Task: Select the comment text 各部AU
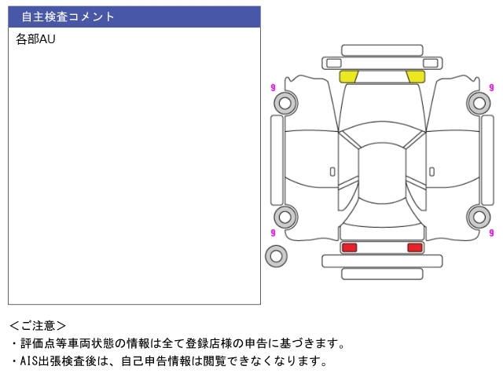(x=35, y=39)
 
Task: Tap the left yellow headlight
(x=348, y=76)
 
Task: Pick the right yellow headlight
(x=416, y=76)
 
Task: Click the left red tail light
(x=349, y=247)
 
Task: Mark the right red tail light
(x=414, y=247)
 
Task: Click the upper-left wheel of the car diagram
(x=285, y=103)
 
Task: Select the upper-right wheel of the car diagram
(x=478, y=102)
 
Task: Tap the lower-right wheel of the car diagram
(x=478, y=217)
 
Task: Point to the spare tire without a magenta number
(x=276, y=255)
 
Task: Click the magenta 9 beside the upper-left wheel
(x=272, y=87)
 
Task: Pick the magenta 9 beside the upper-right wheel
(x=492, y=86)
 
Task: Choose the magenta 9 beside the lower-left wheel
(x=272, y=232)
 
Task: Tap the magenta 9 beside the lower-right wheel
(x=492, y=232)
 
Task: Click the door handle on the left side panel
(x=332, y=171)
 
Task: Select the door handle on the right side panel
(x=431, y=171)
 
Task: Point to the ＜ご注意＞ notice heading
(x=38, y=325)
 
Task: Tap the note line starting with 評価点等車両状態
(x=181, y=343)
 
